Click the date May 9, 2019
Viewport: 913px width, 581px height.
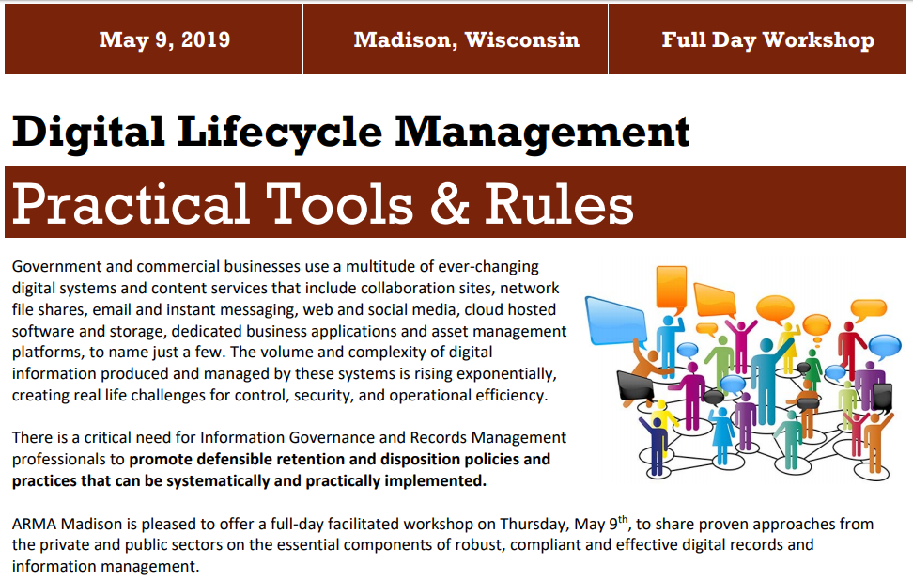(x=164, y=39)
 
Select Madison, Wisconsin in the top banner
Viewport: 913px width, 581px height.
(x=466, y=39)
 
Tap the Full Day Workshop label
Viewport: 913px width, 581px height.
(x=767, y=39)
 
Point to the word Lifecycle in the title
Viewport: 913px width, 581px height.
(x=283, y=131)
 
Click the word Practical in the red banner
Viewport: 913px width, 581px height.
(x=131, y=203)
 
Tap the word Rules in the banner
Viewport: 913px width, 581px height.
(x=559, y=203)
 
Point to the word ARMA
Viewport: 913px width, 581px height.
(x=33, y=524)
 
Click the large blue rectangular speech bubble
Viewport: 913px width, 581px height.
(x=616, y=321)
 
